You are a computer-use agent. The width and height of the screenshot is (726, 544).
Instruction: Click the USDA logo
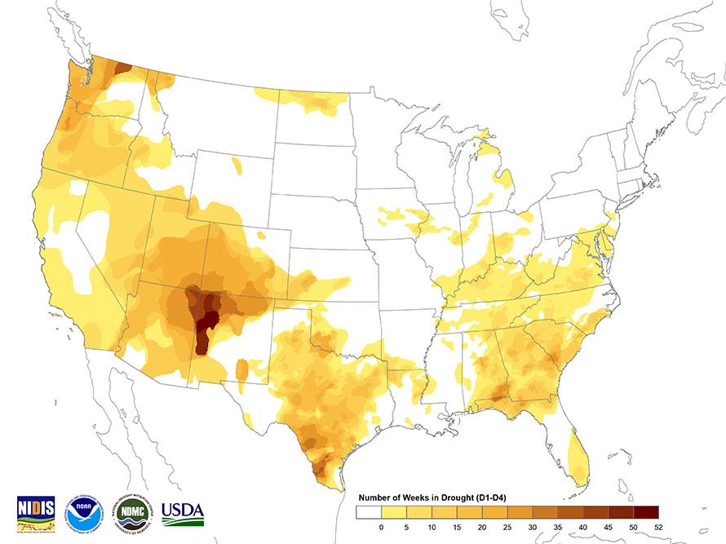pyautogui.click(x=182, y=513)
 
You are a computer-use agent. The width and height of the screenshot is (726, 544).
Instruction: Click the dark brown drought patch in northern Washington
pyautogui.click(x=122, y=68)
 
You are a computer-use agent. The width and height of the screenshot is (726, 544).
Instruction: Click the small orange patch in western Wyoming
pyautogui.click(x=237, y=166)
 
